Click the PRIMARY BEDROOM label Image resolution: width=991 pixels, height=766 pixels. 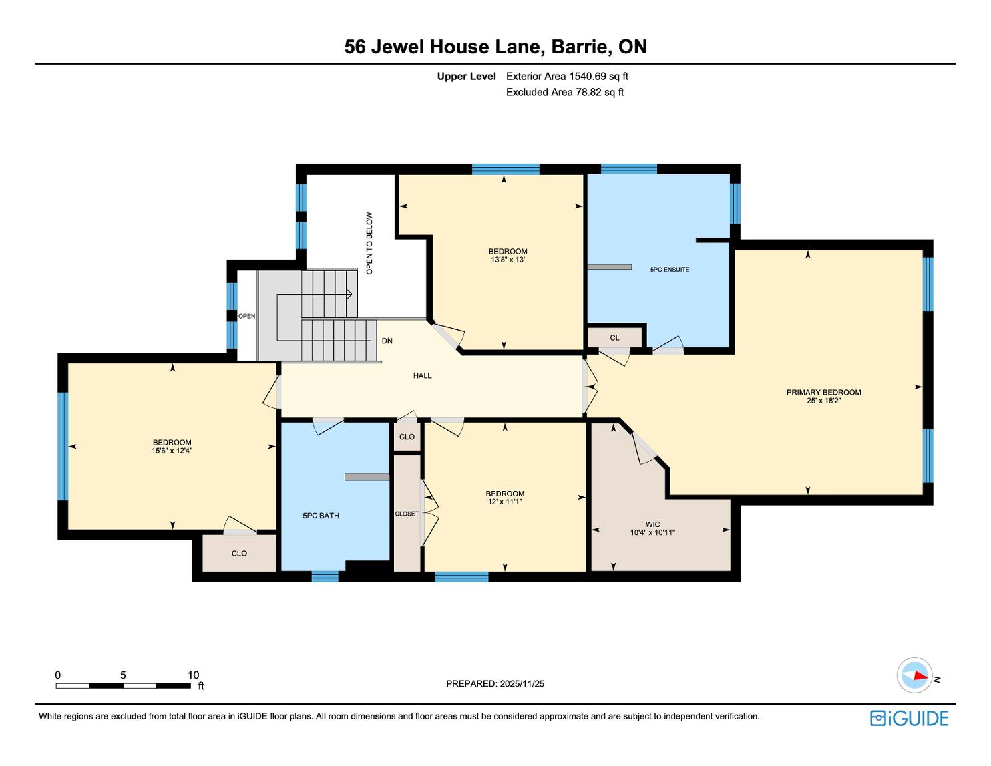click(x=823, y=392)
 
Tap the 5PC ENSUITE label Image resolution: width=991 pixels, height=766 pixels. click(x=670, y=270)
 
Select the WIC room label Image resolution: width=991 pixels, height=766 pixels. click(x=652, y=524)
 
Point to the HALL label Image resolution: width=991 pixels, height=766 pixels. click(x=422, y=376)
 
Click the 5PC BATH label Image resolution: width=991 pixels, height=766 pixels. click(x=321, y=516)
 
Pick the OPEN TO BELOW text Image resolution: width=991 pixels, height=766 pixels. click(x=369, y=244)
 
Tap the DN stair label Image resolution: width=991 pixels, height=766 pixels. click(x=387, y=341)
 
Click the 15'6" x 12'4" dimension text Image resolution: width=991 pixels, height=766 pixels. click(x=172, y=451)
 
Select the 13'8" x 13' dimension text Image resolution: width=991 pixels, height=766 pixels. click(x=508, y=260)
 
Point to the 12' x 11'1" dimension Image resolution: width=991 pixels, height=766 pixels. click(x=505, y=502)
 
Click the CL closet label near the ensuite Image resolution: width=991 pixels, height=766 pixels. click(x=614, y=338)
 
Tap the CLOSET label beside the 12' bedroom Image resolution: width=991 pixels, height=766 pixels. click(x=407, y=514)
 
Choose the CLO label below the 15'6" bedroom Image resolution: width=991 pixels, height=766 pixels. click(x=239, y=554)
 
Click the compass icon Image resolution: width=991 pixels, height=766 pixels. click(x=915, y=676)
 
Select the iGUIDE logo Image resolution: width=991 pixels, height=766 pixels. click(x=910, y=719)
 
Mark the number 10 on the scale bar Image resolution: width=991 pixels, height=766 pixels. click(x=194, y=675)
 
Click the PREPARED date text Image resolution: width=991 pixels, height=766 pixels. click(x=495, y=683)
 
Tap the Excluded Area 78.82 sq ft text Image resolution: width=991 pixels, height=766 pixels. click(x=565, y=93)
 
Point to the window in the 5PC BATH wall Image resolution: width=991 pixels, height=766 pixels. click(x=325, y=577)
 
